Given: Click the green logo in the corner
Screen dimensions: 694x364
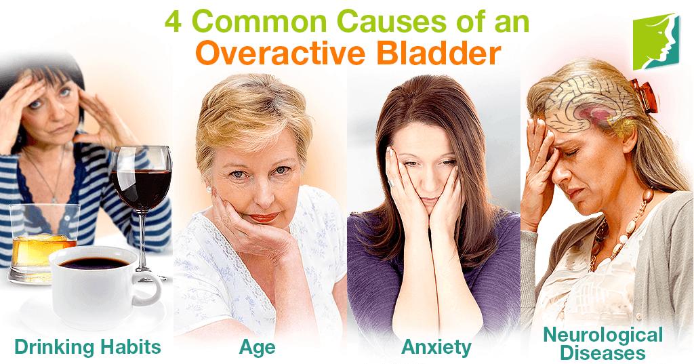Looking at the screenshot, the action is click(655, 41).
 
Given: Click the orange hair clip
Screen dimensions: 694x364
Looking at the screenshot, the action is click(645, 95).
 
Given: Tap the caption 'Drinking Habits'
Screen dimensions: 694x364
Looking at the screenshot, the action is click(87, 347).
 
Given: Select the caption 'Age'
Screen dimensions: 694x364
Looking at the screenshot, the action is click(257, 347).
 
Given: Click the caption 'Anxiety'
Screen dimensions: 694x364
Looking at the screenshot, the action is click(436, 347).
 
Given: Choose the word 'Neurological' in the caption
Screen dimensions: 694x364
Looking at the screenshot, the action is click(603, 336).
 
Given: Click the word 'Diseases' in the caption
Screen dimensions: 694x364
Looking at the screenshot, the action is click(603, 353).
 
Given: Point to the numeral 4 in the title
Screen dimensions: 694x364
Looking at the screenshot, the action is click(173, 22).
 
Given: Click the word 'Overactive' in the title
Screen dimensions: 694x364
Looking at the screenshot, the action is click(280, 53).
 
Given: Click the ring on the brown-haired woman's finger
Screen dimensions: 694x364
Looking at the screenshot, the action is click(390, 183).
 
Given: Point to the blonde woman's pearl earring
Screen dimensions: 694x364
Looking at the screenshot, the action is click(209, 189).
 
